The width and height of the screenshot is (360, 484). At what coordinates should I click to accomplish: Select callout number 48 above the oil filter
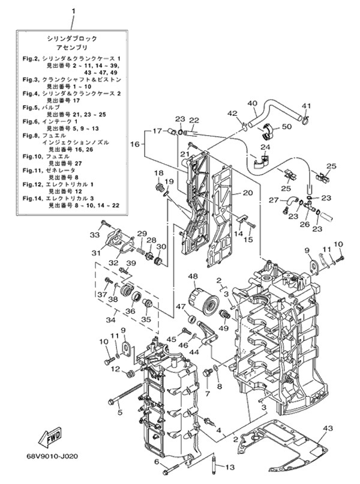(x=193, y=276)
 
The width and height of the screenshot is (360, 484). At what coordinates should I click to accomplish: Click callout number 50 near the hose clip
(x=286, y=127)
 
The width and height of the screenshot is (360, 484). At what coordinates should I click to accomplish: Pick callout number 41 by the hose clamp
(x=305, y=106)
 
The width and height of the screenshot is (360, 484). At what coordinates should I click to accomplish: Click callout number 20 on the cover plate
(x=247, y=193)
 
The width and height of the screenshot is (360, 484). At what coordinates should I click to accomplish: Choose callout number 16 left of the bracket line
(x=134, y=144)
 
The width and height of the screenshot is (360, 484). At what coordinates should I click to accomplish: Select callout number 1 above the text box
(x=73, y=11)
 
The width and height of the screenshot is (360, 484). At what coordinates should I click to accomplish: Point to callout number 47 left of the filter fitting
(x=180, y=307)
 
